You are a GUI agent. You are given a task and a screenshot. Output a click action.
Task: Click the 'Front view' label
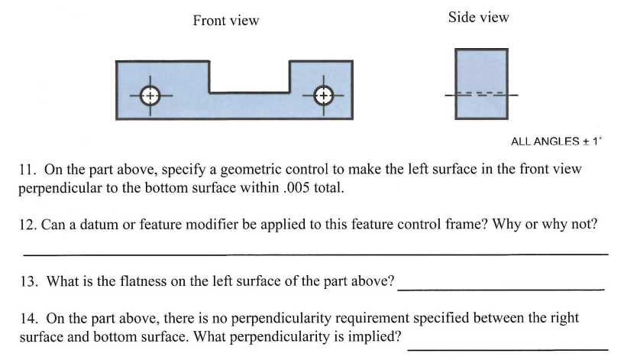point(225,21)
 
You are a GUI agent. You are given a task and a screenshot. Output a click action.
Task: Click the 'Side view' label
point(479,17)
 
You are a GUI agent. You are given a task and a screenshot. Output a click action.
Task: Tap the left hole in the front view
point(150,96)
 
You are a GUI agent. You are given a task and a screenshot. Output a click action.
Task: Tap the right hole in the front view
point(324,96)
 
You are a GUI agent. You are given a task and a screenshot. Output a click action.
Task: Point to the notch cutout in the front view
point(248,76)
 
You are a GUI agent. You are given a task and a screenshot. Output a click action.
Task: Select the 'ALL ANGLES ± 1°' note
point(555,141)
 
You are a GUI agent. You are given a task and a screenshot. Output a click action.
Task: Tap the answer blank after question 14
point(512,348)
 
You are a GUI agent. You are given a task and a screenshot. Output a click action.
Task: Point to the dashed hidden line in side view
point(480,95)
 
